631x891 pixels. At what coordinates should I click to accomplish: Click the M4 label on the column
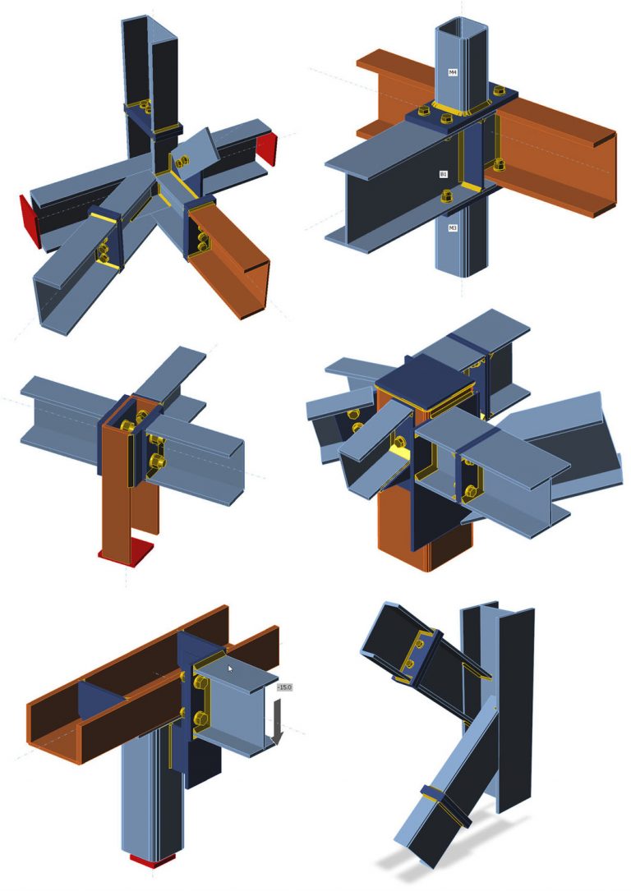[x=452, y=72]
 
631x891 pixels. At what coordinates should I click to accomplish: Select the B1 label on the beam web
[x=443, y=174]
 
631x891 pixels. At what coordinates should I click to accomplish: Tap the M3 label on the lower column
[x=452, y=227]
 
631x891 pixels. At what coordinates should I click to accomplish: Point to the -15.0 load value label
[x=284, y=687]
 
